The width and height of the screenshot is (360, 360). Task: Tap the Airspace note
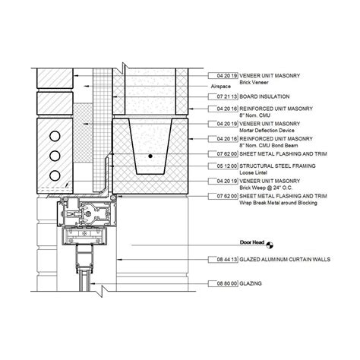[x=221, y=87]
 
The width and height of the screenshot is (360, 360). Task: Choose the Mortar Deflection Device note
[x=263, y=128]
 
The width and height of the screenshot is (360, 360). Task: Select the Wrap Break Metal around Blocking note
[x=274, y=202]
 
